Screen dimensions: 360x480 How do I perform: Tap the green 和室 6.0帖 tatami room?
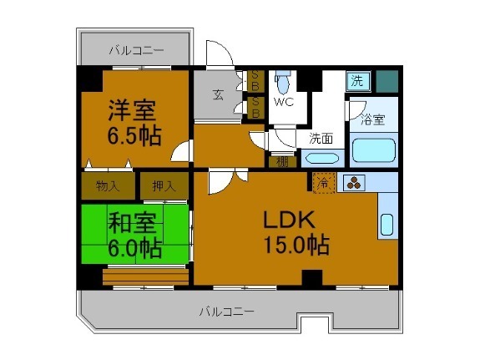(x=134, y=234)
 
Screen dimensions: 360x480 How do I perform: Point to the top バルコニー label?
(x=135, y=51)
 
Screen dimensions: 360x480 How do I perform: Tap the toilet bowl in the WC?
(x=283, y=84)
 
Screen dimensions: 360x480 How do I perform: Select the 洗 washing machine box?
(x=356, y=81)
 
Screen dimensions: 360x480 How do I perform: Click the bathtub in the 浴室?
(x=373, y=151)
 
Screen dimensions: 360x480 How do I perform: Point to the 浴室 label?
(x=372, y=119)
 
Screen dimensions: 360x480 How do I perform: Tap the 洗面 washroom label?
(x=321, y=139)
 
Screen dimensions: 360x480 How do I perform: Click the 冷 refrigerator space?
(x=322, y=182)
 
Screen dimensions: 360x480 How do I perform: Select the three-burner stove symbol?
(x=351, y=183)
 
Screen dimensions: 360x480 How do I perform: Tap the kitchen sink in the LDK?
(x=387, y=225)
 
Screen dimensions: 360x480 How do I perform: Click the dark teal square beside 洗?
(x=386, y=81)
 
